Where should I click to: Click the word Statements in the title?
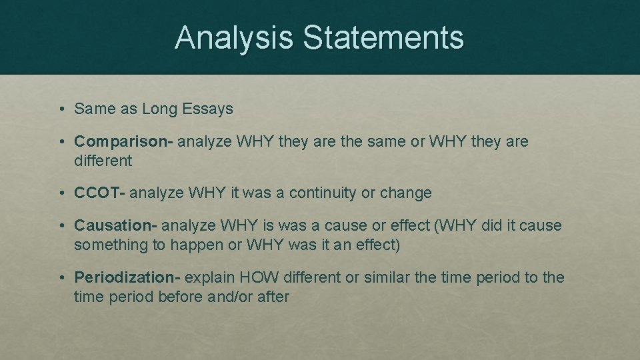tap(383, 37)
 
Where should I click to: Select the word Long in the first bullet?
tap(159, 109)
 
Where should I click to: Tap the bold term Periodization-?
tap(127, 277)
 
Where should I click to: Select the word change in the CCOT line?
tap(406, 193)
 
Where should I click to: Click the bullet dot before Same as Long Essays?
tap(61, 109)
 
